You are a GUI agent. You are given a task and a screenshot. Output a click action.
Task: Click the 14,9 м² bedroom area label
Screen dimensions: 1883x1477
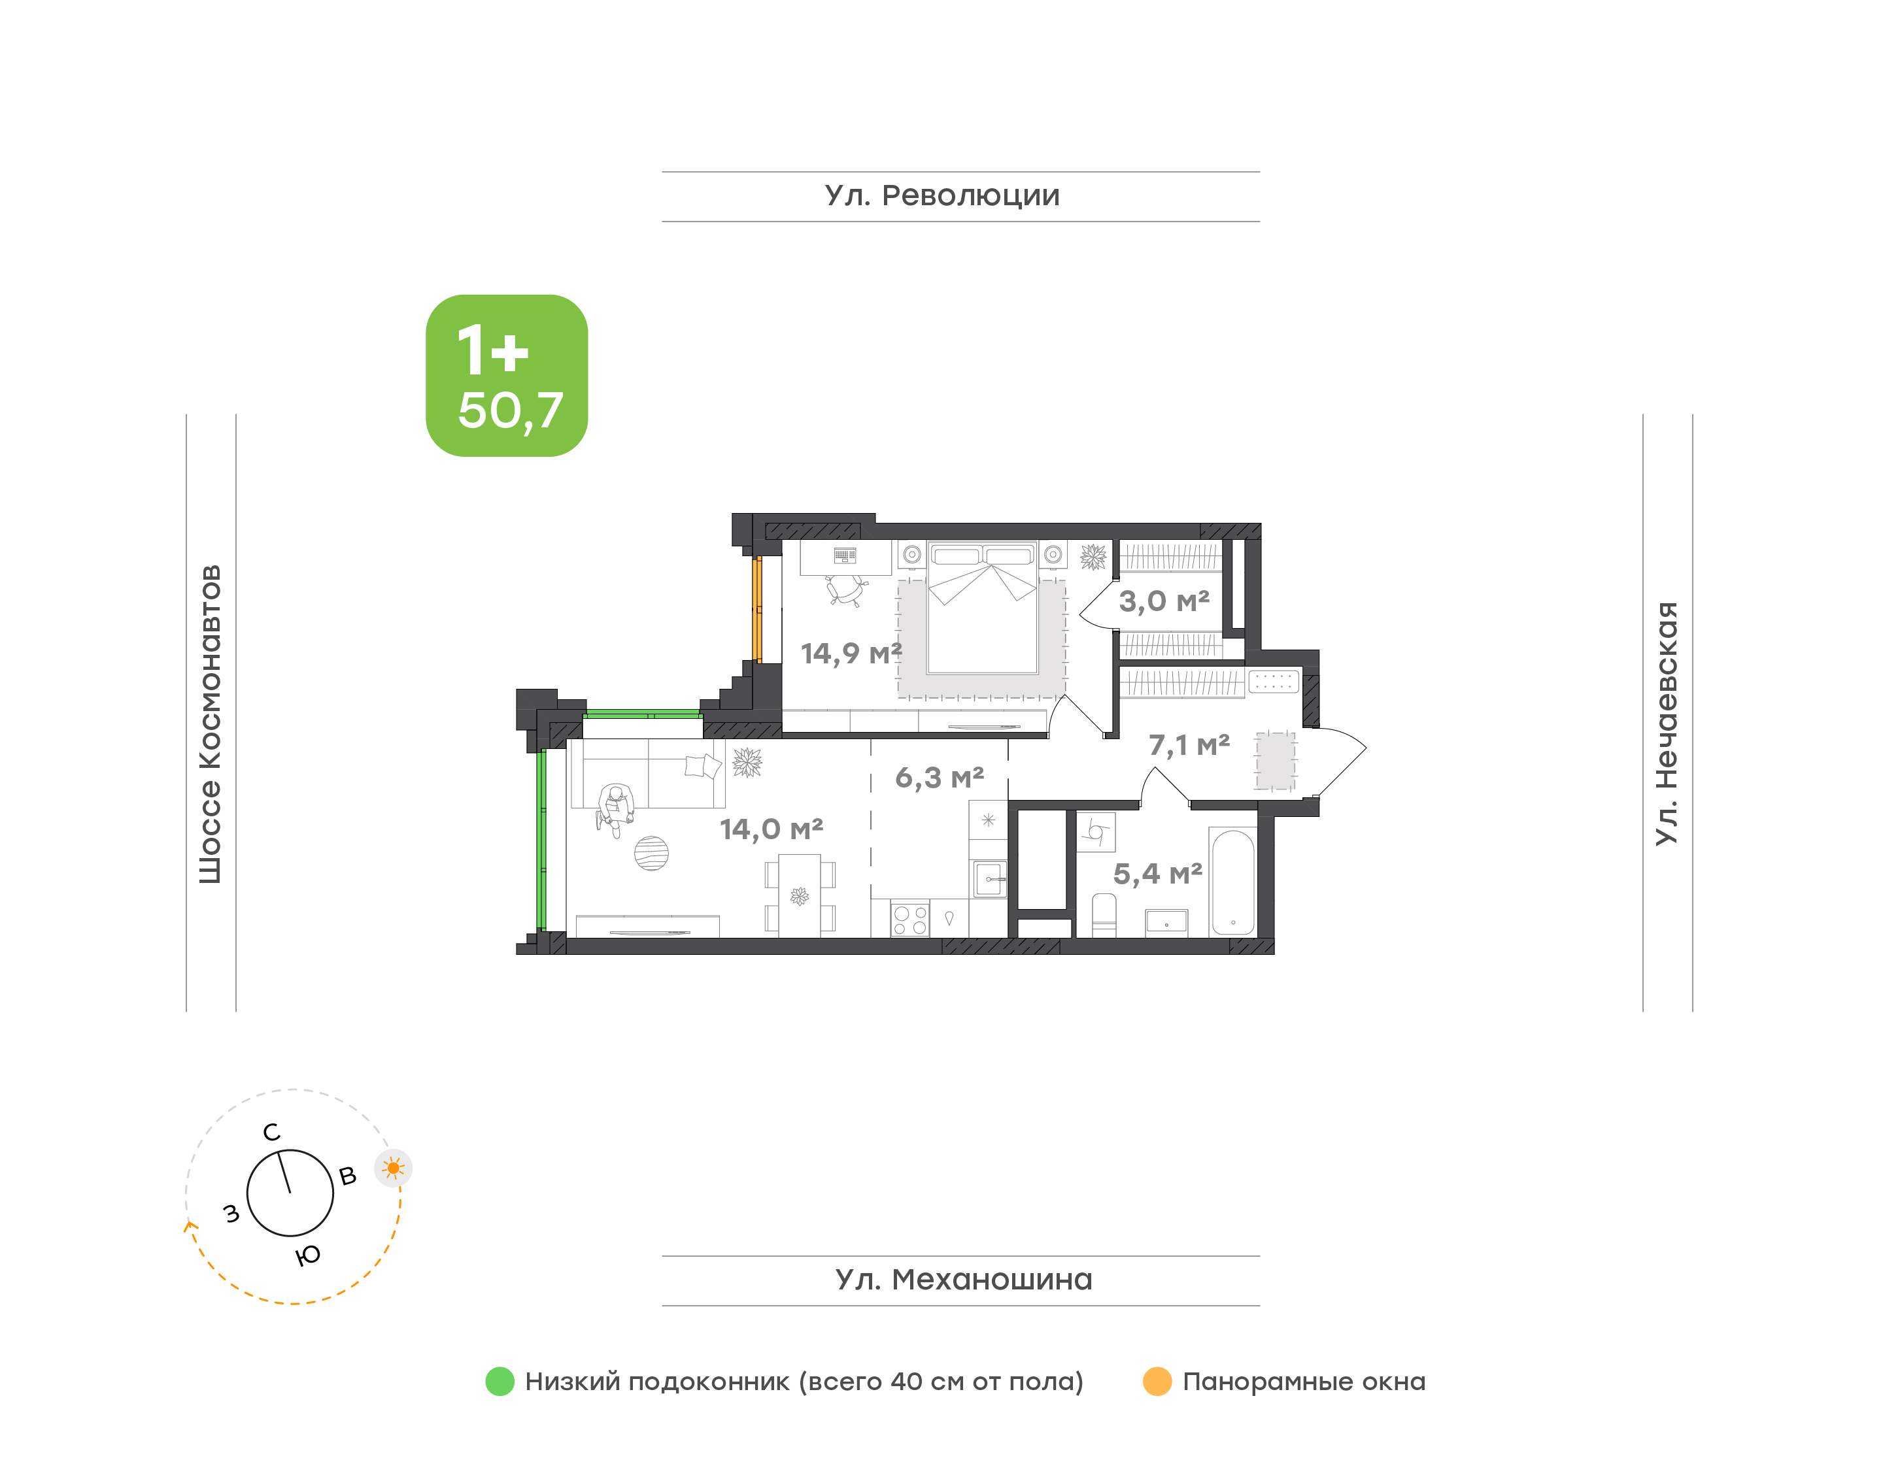tap(851, 654)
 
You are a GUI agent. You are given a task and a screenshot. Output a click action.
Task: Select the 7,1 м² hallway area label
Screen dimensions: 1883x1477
tap(1189, 744)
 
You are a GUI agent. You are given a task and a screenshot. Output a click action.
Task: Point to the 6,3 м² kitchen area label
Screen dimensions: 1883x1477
tap(940, 778)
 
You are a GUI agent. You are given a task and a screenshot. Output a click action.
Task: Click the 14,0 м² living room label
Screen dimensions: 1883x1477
tap(772, 829)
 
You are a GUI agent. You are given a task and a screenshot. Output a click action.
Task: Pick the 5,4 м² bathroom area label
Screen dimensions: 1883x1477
tap(1157, 873)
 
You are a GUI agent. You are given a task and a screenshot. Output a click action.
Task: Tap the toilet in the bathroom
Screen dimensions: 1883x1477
tap(1104, 915)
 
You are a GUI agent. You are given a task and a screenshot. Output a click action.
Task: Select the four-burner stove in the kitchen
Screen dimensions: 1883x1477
tap(910, 920)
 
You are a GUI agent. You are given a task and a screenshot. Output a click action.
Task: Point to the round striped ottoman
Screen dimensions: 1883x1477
tap(651, 854)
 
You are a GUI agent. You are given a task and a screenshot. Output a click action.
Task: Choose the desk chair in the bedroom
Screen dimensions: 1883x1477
tap(846, 591)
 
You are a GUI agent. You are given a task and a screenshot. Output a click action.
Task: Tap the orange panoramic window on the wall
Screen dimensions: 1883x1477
tap(757, 610)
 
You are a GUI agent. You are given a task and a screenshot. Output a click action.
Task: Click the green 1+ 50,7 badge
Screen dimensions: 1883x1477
tap(507, 375)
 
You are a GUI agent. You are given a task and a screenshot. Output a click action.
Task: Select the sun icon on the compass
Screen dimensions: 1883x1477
tap(394, 1169)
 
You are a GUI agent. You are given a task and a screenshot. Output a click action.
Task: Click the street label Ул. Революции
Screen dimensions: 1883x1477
tap(942, 195)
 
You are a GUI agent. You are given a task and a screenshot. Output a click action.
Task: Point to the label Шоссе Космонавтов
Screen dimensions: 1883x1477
tap(210, 725)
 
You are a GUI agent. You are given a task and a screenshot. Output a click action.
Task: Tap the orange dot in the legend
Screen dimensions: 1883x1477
tap(1157, 1382)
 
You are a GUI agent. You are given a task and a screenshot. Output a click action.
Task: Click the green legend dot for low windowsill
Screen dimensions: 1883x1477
tap(500, 1382)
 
